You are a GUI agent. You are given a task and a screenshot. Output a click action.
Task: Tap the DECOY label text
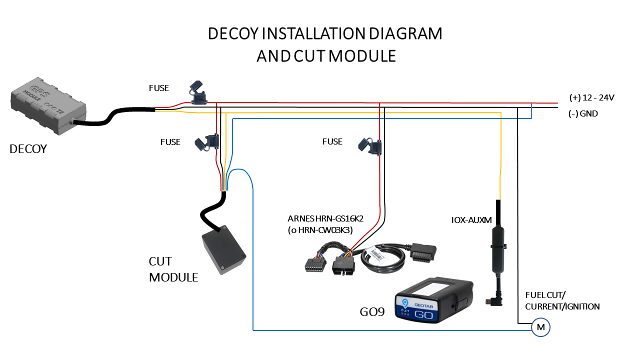(x=28, y=148)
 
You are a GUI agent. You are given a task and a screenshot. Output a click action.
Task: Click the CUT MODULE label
(x=173, y=269)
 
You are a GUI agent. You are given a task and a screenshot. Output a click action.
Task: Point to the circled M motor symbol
(x=540, y=327)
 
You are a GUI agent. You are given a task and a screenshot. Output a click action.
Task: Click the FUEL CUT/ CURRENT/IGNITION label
(x=562, y=301)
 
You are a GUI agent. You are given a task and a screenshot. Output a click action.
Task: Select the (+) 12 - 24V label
(x=591, y=97)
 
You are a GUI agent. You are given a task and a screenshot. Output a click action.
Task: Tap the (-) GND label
(x=583, y=113)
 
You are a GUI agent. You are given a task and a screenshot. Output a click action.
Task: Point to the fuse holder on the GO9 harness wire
(x=370, y=145)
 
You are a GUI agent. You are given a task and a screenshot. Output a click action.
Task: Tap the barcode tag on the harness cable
(x=379, y=253)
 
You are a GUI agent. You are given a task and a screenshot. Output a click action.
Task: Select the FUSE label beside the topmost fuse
(x=159, y=88)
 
